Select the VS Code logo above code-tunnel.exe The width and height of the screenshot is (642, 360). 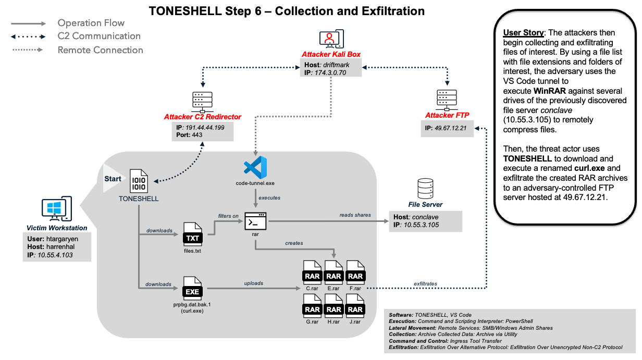(255, 167)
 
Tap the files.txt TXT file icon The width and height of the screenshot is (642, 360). (192, 235)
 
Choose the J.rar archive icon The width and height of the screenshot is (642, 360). (355, 306)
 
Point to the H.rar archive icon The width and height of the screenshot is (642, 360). (334, 306)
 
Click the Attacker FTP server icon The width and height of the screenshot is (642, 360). (447, 100)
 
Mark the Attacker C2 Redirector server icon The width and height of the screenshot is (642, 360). (202, 102)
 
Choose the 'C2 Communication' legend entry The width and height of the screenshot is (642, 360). (99, 36)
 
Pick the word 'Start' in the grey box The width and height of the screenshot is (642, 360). (113, 179)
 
